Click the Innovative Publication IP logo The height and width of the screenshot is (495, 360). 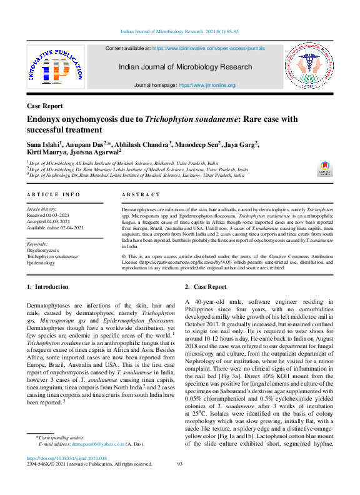pyautogui.click(x=55, y=67)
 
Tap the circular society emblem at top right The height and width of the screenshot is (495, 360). pyautogui.click(x=310, y=67)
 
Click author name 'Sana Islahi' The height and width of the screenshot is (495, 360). pyautogui.click(x=42, y=144)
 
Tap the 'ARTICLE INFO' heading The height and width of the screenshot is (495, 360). pyautogui.click(x=53, y=195)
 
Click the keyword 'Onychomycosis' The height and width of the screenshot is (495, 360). pyautogui.click(x=43, y=250)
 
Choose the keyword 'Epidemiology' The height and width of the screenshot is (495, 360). pyautogui.click(x=41, y=263)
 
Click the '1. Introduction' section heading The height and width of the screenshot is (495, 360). pyautogui.click(x=48, y=287)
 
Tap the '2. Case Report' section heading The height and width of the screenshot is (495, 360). pyautogui.click(x=206, y=287)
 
